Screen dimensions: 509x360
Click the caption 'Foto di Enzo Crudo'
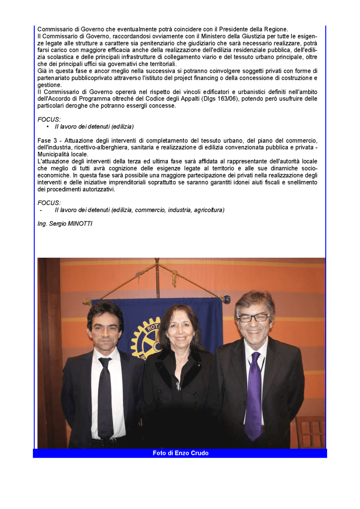click(x=180, y=453)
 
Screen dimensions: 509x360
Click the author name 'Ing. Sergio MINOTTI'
click(x=65, y=224)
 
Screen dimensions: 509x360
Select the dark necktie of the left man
click(x=106, y=398)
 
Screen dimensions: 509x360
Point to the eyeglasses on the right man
click(x=253, y=317)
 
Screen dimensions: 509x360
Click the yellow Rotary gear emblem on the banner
click(x=145, y=338)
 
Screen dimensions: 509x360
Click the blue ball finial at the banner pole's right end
click(x=227, y=300)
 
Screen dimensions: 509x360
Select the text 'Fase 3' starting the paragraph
click(x=47, y=141)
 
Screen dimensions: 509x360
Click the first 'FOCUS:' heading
click(x=49, y=120)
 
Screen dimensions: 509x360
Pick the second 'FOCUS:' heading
click(x=49, y=203)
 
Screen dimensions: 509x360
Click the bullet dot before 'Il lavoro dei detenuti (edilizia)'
click(x=47, y=127)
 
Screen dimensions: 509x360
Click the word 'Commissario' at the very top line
click(x=54, y=29)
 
